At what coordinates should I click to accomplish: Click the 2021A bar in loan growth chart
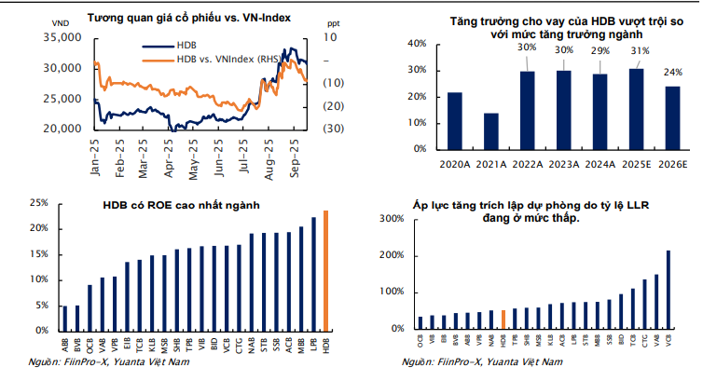point(491,131)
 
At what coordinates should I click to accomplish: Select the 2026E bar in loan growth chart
point(673,117)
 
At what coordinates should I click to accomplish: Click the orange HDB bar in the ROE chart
point(326,270)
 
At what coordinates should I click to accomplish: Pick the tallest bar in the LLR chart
point(668,290)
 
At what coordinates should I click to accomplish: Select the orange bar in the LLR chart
point(503,320)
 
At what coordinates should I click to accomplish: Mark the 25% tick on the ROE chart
point(39,202)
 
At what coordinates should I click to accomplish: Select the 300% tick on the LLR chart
point(392,219)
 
